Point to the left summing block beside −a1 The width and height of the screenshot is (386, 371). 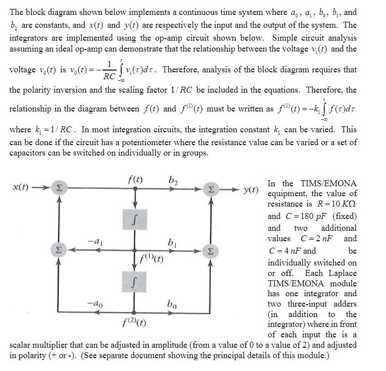tap(58, 250)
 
